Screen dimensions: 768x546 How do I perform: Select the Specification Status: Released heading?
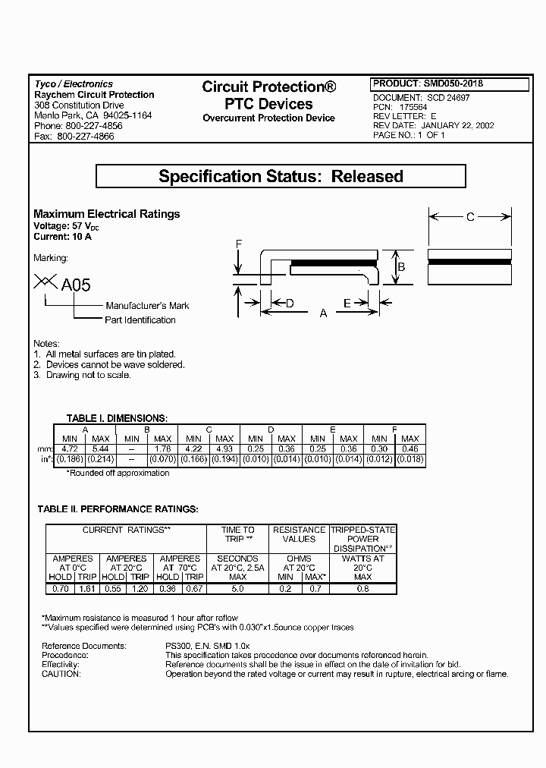(x=281, y=177)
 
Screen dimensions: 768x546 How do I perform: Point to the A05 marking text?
(x=76, y=285)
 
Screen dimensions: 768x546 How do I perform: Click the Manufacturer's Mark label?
(x=147, y=305)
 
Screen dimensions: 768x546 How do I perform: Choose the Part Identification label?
(x=140, y=320)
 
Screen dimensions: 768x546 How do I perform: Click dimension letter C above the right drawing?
(x=470, y=218)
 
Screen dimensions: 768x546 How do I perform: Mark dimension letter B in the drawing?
(x=402, y=267)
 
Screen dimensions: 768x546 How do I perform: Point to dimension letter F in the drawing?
(x=238, y=244)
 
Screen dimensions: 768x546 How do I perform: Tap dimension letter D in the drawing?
(x=290, y=304)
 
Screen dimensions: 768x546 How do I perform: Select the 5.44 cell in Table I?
(x=100, y=449)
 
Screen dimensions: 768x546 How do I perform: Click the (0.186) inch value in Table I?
(x=69, y=459)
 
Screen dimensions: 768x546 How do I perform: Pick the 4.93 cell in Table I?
(x=224, y=449)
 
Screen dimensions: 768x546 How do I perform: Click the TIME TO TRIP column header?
(x=237, y=534)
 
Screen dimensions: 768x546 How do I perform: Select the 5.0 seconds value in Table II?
(x=237, y=588)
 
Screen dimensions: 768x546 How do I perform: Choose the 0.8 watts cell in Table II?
(x=362, y=588)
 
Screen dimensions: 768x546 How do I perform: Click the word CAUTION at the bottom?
(x=61, y=674)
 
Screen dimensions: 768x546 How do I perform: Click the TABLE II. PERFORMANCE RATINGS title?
(x=118, y=508)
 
